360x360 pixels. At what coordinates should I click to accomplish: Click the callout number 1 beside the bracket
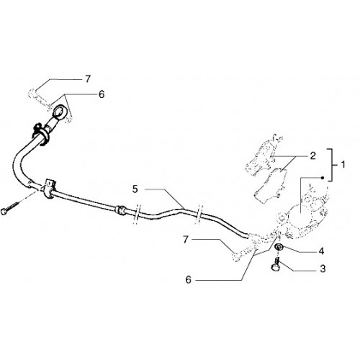click(343, 165)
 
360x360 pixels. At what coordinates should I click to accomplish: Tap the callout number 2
click(312, 156)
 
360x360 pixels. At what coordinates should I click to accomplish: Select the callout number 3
click(323, 269)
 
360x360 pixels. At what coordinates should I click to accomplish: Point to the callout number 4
click(322, 251)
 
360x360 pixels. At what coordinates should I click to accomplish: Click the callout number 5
click(135, 189)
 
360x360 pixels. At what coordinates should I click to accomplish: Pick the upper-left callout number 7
click(88, 79)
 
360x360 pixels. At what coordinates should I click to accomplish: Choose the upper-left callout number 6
click(102, 94)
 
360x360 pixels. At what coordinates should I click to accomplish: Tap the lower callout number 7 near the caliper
click(185, 240)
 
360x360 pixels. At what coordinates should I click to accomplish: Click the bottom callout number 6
click(189, 279)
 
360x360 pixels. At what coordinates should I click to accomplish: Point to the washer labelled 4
click(279, 246)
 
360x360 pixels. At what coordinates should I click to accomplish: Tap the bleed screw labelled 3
click(276, 265)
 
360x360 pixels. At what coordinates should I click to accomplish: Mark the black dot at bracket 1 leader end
click(323, 178)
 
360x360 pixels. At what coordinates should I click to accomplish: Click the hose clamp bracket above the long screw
click(49, 188)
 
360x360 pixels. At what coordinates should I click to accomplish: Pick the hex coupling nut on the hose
click(120, 210)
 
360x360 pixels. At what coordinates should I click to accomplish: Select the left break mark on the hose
click(137, 215)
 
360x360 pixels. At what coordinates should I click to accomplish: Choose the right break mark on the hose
click(199, 215)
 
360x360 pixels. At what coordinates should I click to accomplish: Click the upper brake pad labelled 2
click(261, 156)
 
